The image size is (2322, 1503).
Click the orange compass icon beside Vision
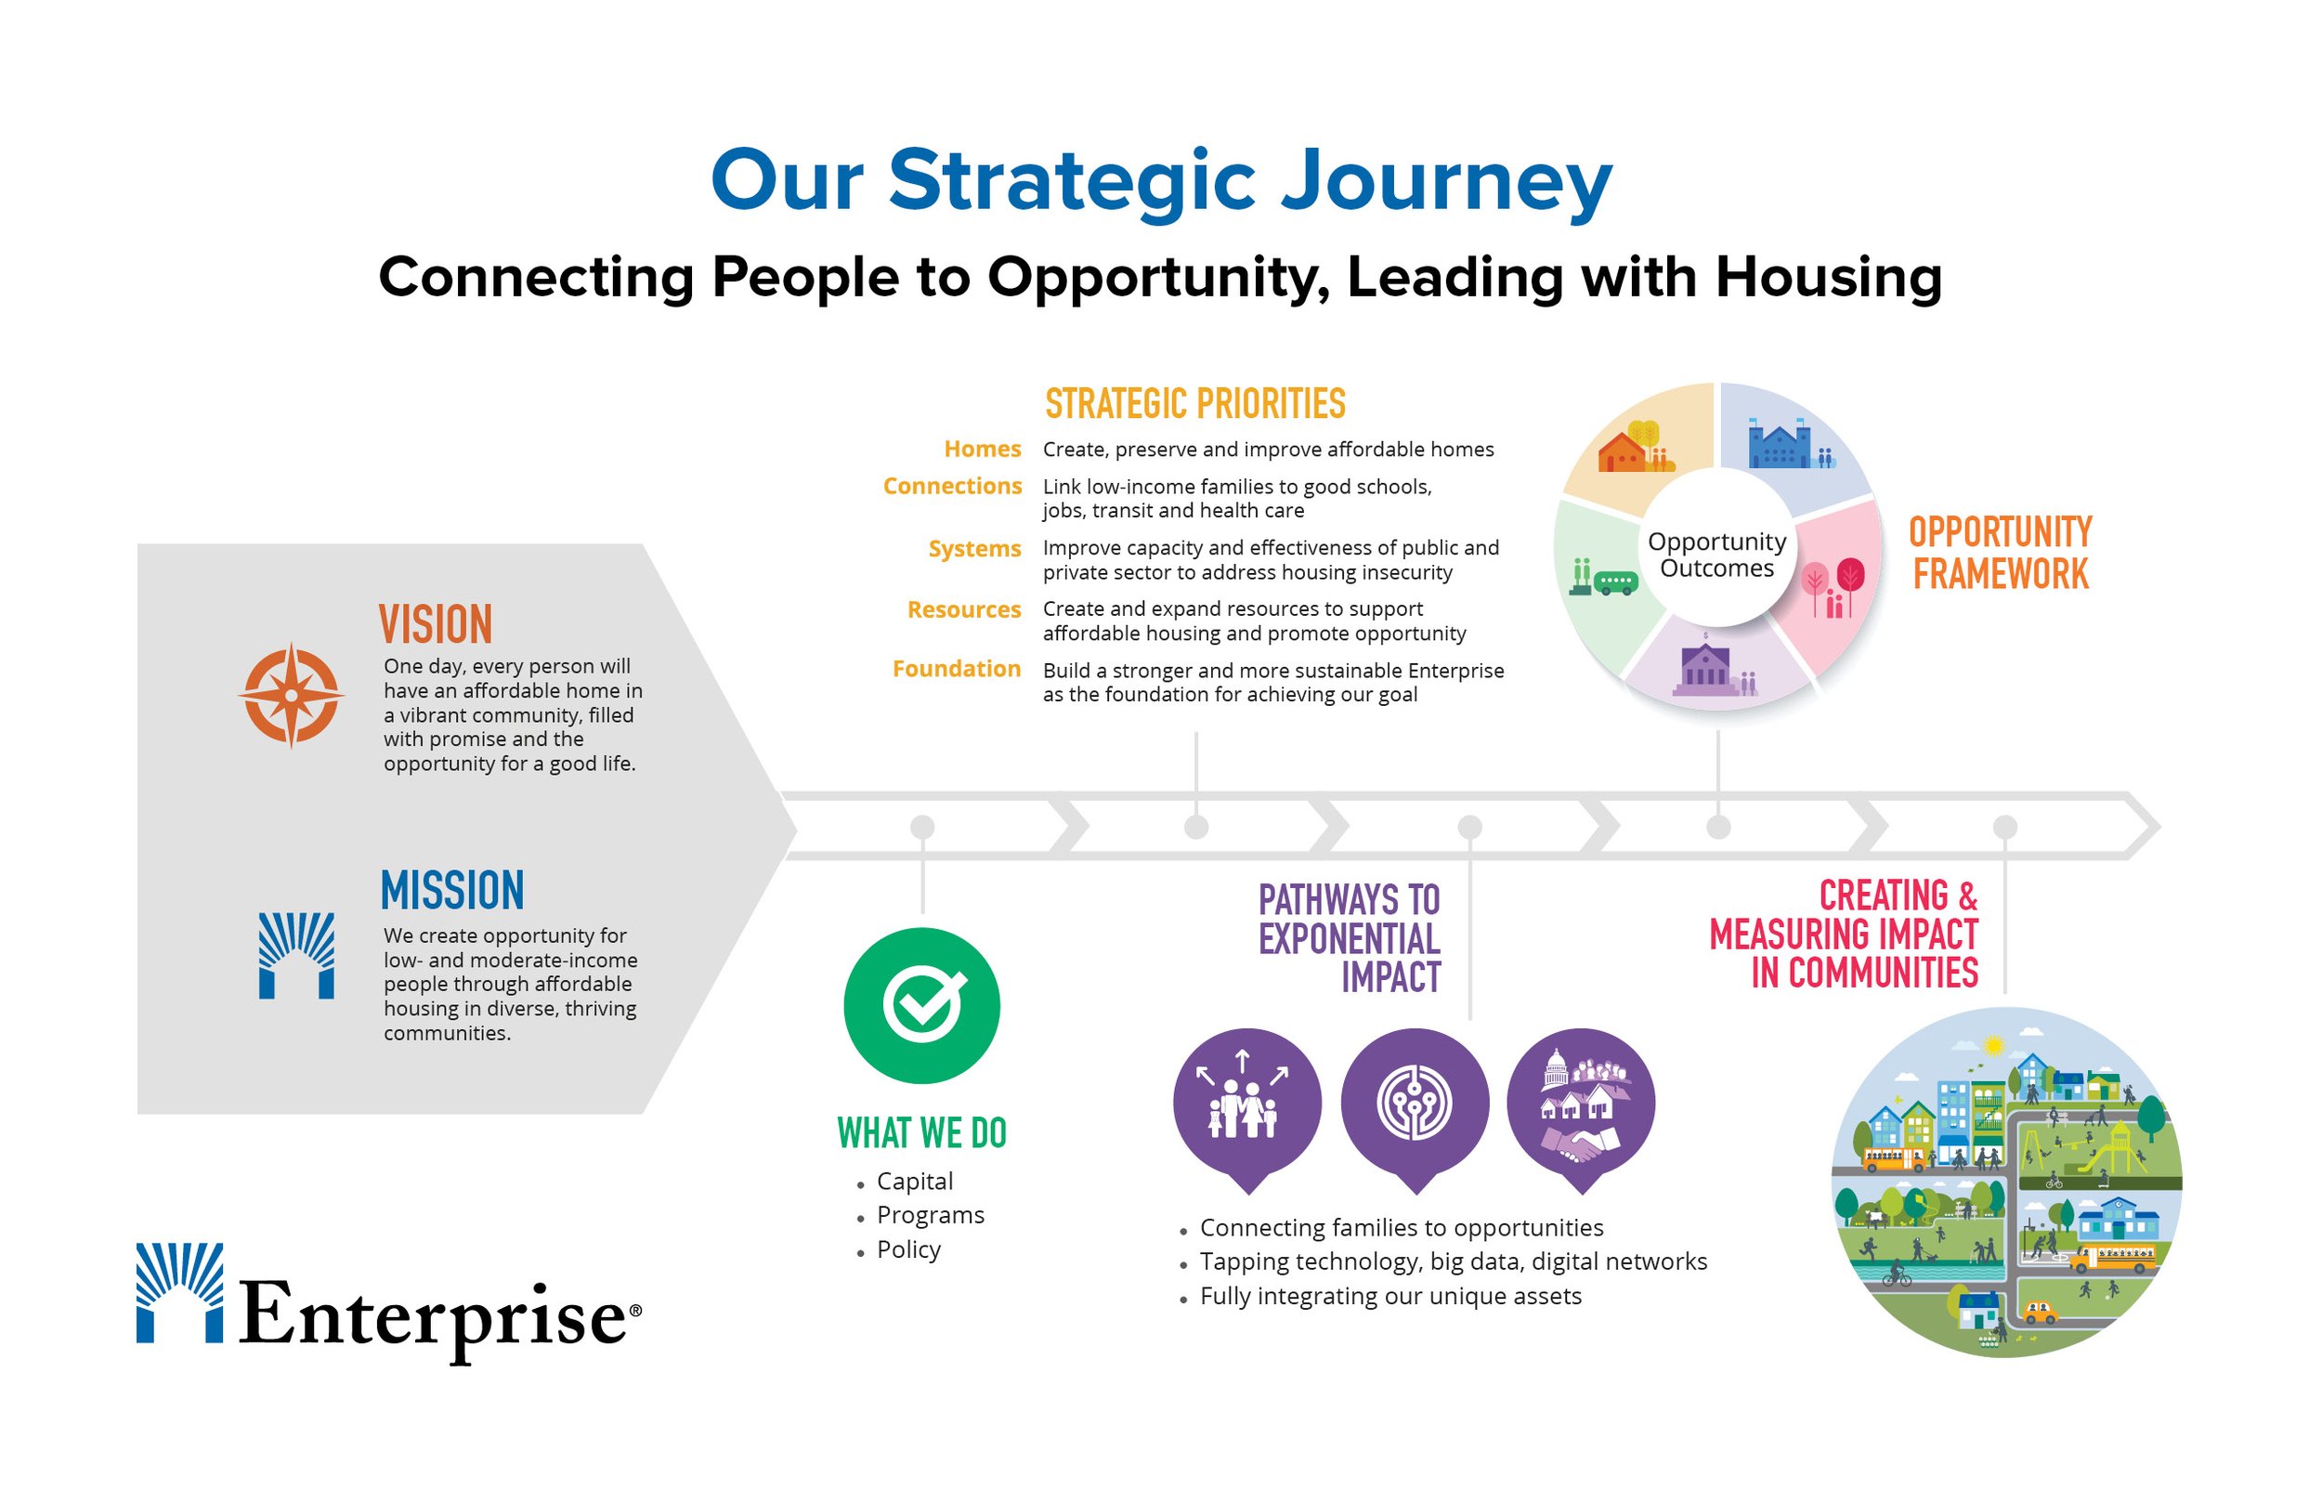coord(291,695)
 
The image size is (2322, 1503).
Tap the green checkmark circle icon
coord(921,1005)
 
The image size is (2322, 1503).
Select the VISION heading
coord(435,624)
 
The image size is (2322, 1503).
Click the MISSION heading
coord(451,890)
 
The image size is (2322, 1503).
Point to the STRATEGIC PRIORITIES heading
coord(1194,404)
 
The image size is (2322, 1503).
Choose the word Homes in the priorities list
coord(982,449)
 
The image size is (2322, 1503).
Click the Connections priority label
coord(951,486)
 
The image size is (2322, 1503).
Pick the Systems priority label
coord(973,548)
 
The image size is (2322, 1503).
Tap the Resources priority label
coord(963,610)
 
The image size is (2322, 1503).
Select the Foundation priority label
coord(955,670)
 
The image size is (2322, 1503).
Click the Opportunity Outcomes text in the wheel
coord(1716,555)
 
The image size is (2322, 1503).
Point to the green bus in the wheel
coord(1614,582)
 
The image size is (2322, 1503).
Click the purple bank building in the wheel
coord(1704,667)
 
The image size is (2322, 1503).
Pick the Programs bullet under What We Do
coord(930,1215)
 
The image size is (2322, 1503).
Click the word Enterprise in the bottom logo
coord(433,1315)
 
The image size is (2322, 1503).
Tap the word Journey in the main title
coord(1445,181)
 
